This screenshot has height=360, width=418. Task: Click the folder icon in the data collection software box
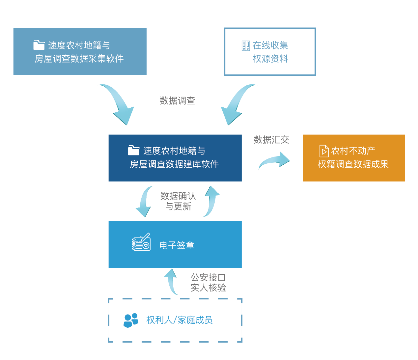(39, 45)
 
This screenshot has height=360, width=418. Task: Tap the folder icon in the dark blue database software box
(133, 150)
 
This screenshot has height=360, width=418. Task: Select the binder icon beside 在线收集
(246, 46)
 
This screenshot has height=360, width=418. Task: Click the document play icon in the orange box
(324, 151)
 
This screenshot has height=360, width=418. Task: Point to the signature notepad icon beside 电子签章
(141, 242)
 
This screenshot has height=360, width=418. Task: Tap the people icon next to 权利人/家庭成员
(131, 320)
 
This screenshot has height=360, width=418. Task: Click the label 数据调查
(177, 101)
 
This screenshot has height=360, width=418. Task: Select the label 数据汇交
(271, 140)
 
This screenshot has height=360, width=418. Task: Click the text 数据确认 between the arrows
(178, 196)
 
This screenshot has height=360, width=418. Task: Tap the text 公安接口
(208, 277)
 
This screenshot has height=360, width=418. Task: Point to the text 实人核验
(208, 288)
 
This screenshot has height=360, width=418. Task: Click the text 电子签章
(177, 245)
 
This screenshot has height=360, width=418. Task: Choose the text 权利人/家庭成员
(180, 320)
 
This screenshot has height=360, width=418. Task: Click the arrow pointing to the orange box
(274, 161)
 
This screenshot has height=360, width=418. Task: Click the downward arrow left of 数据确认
(144, 202)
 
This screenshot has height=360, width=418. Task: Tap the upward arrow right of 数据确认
(211, 201)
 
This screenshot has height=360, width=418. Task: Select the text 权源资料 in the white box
(270, 59)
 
